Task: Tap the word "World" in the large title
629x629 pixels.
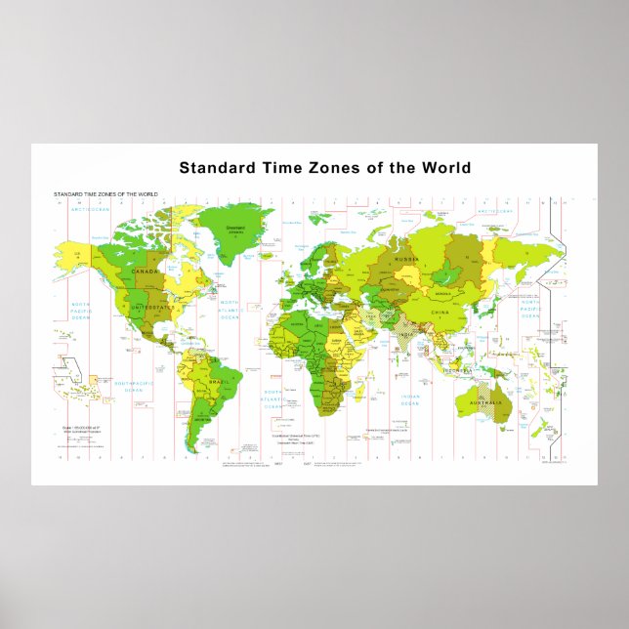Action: click(x=446, y=168)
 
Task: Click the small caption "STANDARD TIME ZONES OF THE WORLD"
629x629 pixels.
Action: click(x=105, y=195)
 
